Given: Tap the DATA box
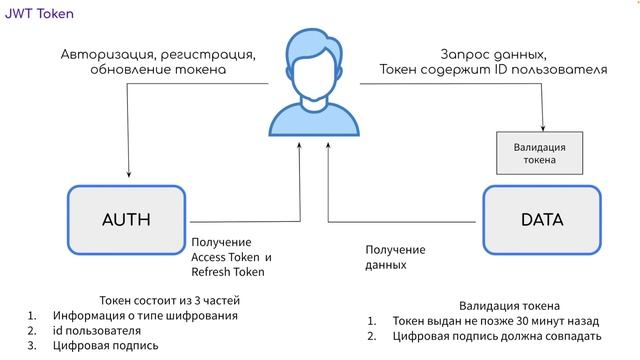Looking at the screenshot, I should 542,220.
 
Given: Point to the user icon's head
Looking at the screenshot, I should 315,60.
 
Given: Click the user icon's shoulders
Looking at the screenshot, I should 315,118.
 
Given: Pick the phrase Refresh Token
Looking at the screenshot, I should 228,272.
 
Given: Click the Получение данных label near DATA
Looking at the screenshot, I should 395,258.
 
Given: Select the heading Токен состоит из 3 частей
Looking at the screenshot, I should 170,300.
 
